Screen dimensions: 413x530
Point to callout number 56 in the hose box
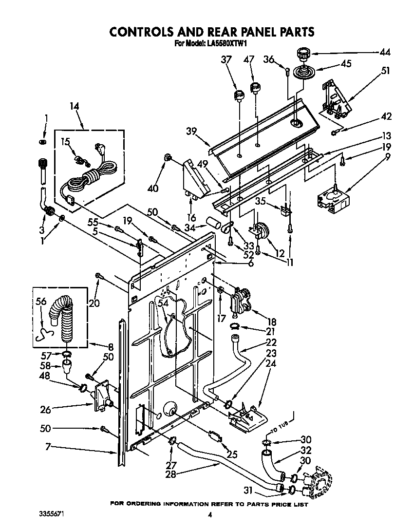pos(40,302)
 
